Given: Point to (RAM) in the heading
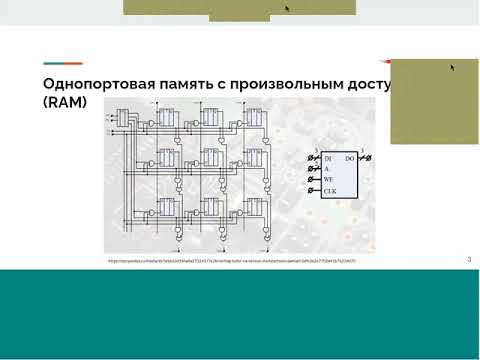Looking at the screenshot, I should pyautogui.click(x=65, y=102).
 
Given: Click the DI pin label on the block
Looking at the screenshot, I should pyautogui.click(x=326, y=158).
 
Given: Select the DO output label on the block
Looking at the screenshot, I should pyautogui.click(x=349, y=158).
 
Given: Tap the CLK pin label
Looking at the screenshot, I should pyautogui.click(x=329, y=190).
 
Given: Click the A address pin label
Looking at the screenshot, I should pyautogui.click(x=325, y=169).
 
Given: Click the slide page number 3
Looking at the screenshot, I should pyautogui.click(x=469, y=260).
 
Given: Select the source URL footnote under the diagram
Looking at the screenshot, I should pyautogui.click(x=230, y=261).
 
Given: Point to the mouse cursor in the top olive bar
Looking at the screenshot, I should pyautogui.click(x=288, y=8).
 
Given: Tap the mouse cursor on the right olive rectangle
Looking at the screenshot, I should pyautogui.click(x=453, y=68).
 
